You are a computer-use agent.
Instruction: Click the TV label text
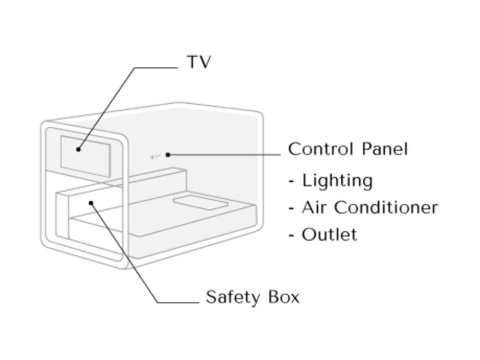(x=199, y=62)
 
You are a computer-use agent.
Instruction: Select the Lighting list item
(x=337, y=180)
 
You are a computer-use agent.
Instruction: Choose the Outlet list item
(x=329, y=235)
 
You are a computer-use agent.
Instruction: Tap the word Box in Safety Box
(x=284, y=297)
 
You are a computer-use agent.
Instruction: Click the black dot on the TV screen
(x=78, y=149)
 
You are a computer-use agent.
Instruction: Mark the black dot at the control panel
(x=168, y=155)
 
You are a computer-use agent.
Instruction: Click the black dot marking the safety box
(x=91, y=203)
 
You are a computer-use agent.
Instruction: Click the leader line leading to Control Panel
(x=226, y=155)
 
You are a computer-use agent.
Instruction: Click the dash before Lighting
(x=291, y=181)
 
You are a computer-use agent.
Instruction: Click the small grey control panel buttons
(x=156, y=156)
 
